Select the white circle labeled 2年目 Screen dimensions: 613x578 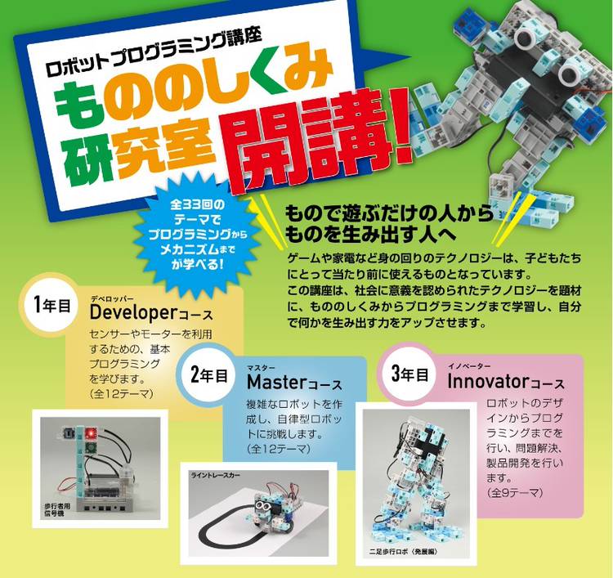209,375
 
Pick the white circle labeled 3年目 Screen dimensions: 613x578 409,374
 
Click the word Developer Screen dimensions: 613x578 134,312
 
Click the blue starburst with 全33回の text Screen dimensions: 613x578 198,235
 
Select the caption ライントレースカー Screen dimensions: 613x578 216,475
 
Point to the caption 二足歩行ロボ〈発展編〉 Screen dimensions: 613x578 403,552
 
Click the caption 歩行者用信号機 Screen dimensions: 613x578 57,509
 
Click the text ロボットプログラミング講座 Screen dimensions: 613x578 154,53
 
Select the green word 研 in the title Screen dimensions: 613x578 84,158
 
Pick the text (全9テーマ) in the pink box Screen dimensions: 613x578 514,492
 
